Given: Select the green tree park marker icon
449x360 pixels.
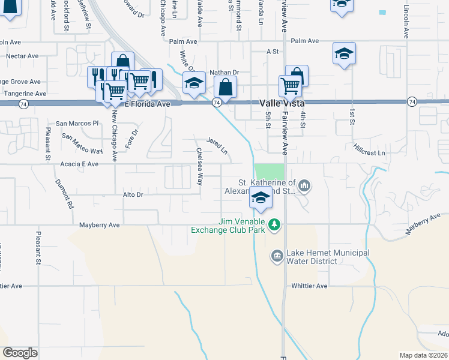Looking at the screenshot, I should [x=274, y=224].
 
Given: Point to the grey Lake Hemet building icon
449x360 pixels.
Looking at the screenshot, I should [x=277, y=257].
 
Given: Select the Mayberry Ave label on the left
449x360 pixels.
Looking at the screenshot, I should [x=100, y=225].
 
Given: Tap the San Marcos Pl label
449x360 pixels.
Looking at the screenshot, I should [x=77, y=123].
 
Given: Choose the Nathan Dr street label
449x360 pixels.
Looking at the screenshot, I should [x=223, y=73].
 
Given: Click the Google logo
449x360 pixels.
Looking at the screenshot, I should [x=20, y=353].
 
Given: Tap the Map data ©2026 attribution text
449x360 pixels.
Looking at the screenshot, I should [x=423, y=355].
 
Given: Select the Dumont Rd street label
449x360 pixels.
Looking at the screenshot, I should [x=64, y=196].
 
